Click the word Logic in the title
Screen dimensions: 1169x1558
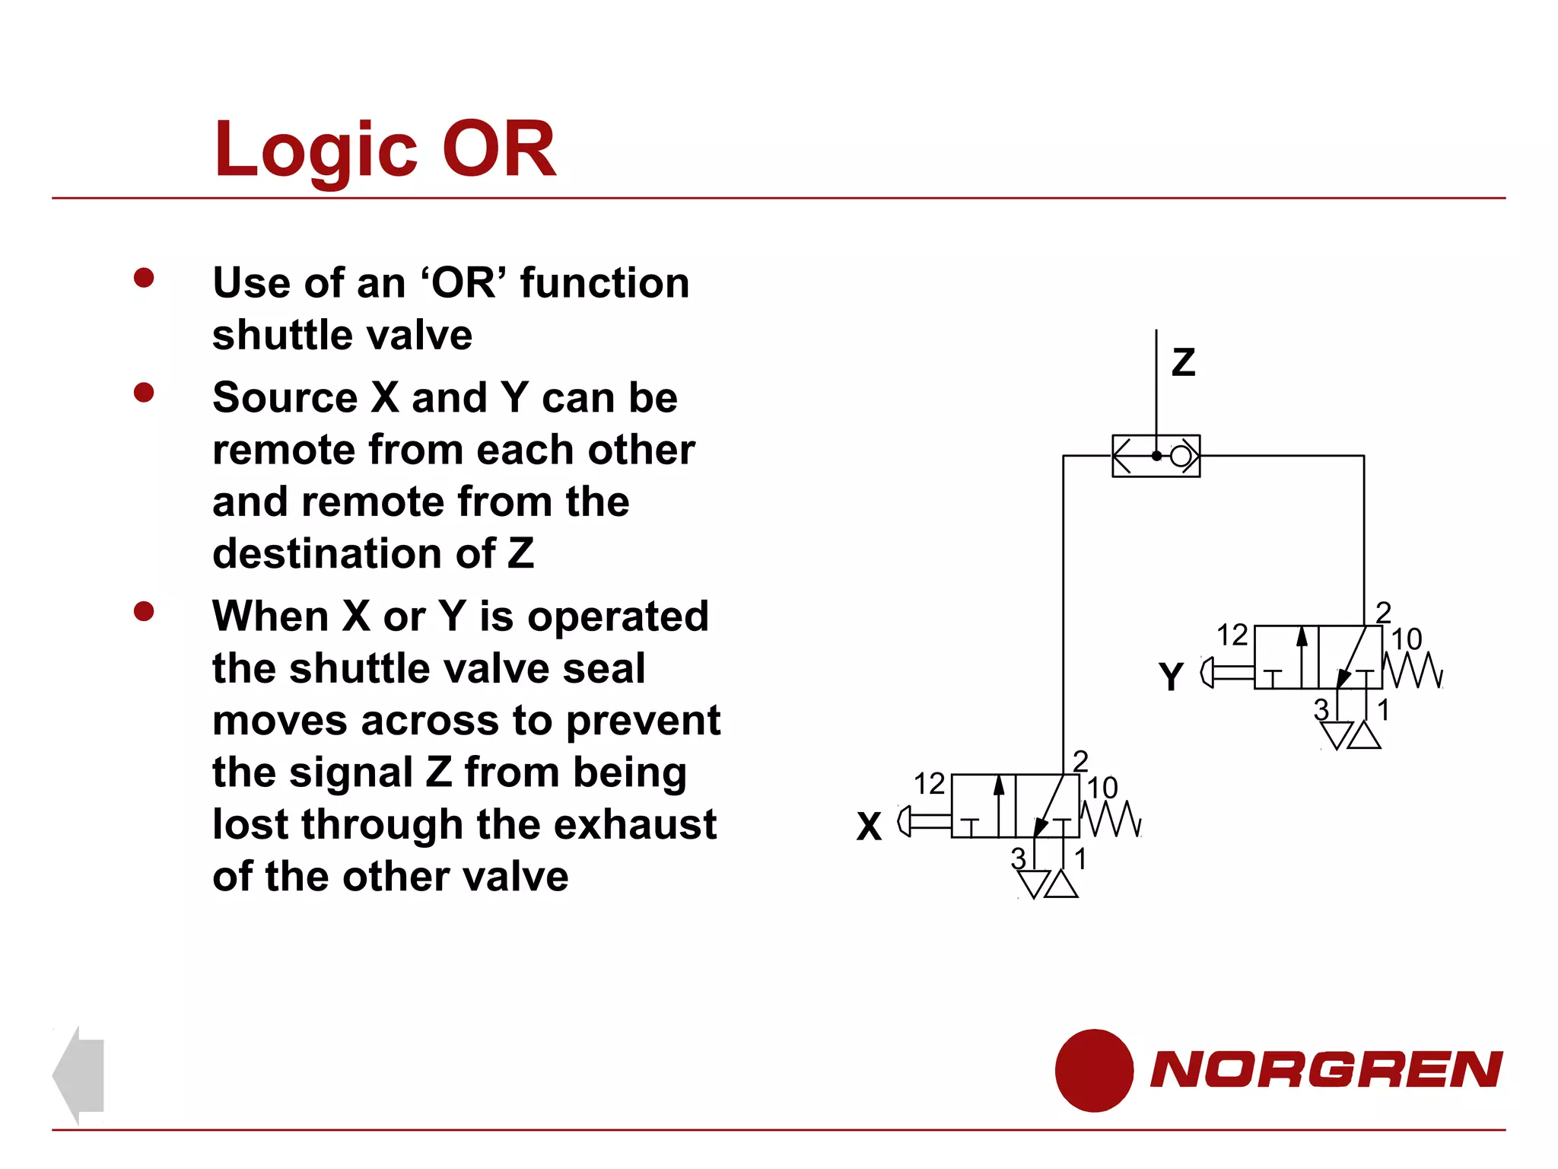[316, 151]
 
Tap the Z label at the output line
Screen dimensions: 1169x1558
[1183, 362]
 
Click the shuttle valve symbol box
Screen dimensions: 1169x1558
[1156, 456]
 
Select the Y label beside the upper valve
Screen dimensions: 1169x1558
[1171, 676]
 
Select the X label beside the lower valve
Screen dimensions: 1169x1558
[869, 826]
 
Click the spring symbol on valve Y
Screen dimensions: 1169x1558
[1413, 671]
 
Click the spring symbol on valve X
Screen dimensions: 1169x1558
[1111, 819]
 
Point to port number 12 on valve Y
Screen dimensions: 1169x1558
[1232, 635]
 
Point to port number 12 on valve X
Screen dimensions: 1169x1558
[929, 784]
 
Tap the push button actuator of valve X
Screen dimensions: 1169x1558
[924, 821]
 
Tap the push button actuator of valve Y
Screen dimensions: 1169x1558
[1226, 672]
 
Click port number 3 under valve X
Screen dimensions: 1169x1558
[1018, 858]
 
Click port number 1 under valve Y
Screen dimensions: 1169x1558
[1383, 710]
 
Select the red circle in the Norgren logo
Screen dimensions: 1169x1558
[1093, 1070]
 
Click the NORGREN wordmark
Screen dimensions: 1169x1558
[1326, 1069]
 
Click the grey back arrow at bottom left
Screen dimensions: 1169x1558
[80, 1074]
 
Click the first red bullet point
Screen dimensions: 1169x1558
[144, 278]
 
